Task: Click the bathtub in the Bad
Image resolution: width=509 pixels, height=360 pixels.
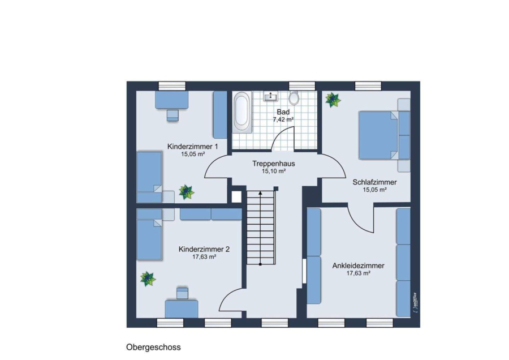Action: pos(242,112)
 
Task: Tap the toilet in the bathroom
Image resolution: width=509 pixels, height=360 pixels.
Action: pos(294,98)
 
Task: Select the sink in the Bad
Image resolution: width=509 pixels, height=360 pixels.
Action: pos(270,96)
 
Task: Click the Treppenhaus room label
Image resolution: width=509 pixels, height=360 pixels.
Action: pos(274,164)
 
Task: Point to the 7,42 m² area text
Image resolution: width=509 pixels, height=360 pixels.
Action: pos(283,119)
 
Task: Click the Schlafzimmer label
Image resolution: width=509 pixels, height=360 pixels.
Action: pos(374,182)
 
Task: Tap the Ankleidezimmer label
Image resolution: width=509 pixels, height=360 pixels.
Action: pos(359,266)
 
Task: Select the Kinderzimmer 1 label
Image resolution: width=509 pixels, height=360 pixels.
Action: pos(192,147)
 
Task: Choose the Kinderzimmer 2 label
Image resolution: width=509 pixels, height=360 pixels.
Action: pos(204,249)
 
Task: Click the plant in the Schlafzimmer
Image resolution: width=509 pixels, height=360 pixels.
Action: pos(333,100)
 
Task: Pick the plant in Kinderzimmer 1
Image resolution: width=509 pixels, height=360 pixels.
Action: pos(186,192)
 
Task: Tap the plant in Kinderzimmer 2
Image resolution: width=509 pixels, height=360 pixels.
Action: pos(148,278)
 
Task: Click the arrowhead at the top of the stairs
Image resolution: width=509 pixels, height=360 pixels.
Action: pos(260,193)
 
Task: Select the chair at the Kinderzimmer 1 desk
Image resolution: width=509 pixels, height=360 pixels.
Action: pos(172,115)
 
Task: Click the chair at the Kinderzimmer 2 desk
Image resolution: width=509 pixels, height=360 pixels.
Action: pos(183,293)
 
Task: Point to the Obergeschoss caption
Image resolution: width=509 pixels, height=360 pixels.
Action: pos(153,348)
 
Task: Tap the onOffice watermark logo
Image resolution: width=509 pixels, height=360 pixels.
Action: pos(415,303)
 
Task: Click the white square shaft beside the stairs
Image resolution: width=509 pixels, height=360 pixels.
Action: pos(236,197)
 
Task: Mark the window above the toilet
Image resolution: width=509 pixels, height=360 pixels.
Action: pos(302,86)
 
